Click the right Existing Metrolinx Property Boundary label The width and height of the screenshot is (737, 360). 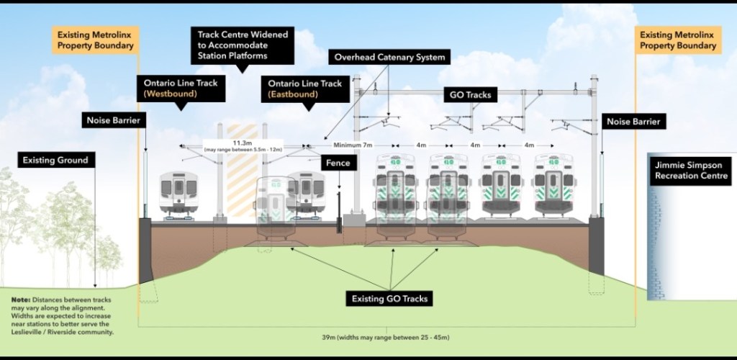(x=678, y=40)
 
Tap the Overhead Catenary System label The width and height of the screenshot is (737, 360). (x=389, y=57)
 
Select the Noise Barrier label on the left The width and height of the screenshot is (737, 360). (x=111, y=121)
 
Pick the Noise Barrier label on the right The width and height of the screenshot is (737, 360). (x=633, y=122)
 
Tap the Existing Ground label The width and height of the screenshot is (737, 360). (x=55, y=160)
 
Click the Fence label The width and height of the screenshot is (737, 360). (x=338, y=163)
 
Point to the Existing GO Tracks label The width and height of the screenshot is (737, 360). (x=390, y=298)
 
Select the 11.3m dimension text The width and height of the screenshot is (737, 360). (x=241, y=143)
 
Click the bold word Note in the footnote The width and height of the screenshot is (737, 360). (x=20, y=299)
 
